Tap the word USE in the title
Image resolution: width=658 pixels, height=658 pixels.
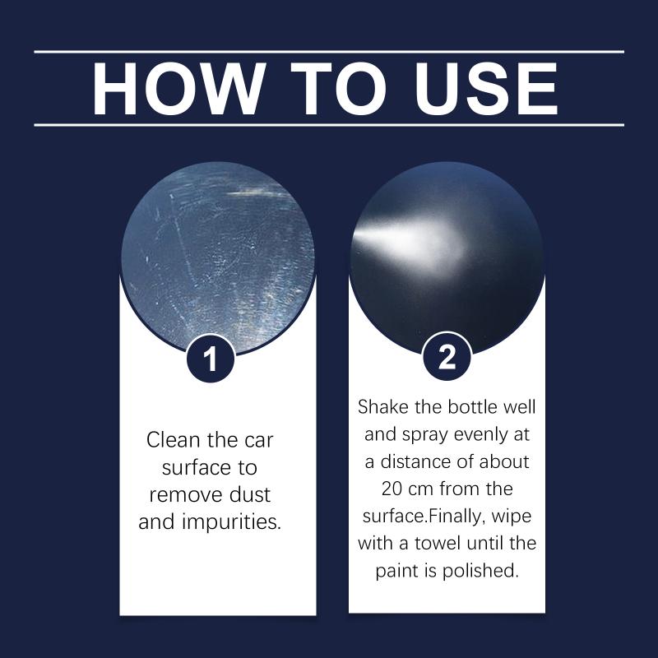click(487, 89)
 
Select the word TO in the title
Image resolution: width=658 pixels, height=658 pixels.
click(338, 89)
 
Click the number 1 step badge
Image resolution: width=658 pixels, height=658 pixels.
click(211, 359)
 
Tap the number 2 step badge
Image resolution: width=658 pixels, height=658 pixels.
click(447, 358)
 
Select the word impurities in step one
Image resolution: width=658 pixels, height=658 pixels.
click(230, 522)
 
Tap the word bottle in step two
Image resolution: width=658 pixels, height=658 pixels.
click(471, 406)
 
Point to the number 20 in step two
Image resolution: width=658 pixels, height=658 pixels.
click(393, 489)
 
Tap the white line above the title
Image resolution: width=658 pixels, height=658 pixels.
click(329, 52)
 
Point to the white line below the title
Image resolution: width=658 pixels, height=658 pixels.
click(329, 125)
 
